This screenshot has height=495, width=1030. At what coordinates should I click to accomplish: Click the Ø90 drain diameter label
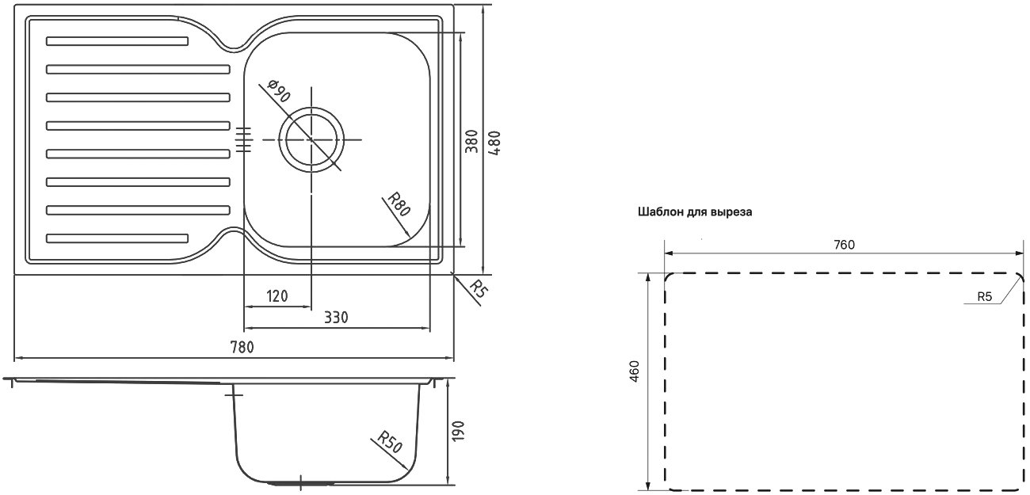pos(279,91)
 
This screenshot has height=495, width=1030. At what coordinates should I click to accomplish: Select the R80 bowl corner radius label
pos(399,204)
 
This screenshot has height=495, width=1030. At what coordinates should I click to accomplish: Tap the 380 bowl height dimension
pos(471,142)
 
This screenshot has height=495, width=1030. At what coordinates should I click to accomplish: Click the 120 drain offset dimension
pos(277,296)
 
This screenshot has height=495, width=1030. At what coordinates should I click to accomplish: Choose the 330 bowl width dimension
pos(336,317)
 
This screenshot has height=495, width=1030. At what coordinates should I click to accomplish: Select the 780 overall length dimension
pos(242,347)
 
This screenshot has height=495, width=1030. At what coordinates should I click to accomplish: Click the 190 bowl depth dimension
pos(459,431)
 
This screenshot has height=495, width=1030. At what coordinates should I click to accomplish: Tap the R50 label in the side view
pos(390,441)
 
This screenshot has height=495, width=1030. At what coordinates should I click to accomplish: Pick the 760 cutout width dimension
pos(845,245)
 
